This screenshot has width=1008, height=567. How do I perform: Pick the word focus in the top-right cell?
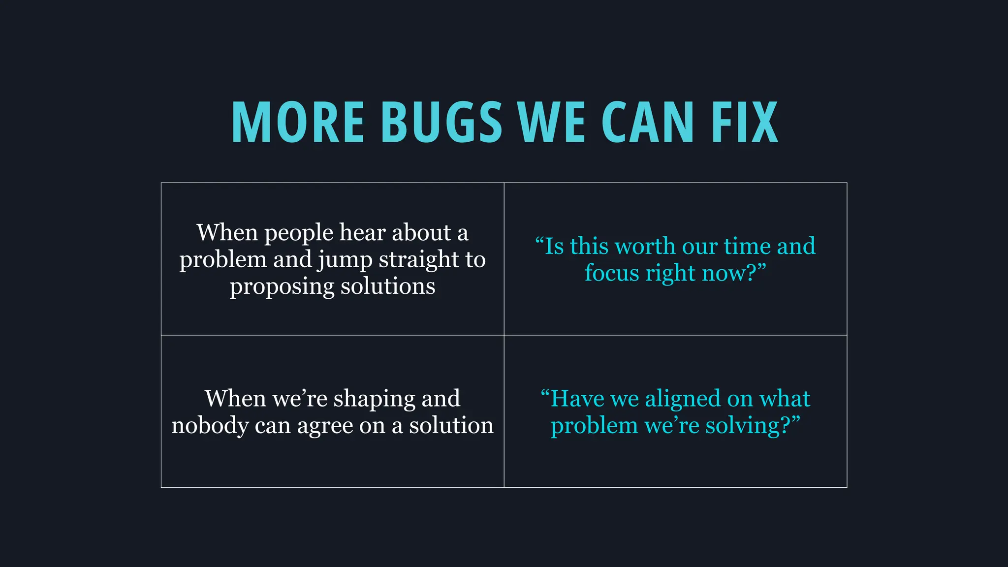click(611, 273)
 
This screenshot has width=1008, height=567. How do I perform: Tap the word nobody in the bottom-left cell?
click(210, 425)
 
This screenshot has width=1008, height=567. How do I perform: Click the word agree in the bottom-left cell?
click(324, 426)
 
